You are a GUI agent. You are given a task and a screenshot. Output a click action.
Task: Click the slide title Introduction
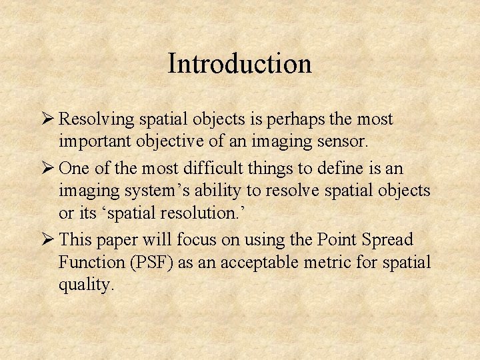pos(240,64)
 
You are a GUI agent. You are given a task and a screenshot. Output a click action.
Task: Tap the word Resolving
pos(97,120)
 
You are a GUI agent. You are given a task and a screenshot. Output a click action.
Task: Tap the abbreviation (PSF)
pos(152,263)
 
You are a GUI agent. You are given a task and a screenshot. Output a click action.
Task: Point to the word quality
pos(86,286)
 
